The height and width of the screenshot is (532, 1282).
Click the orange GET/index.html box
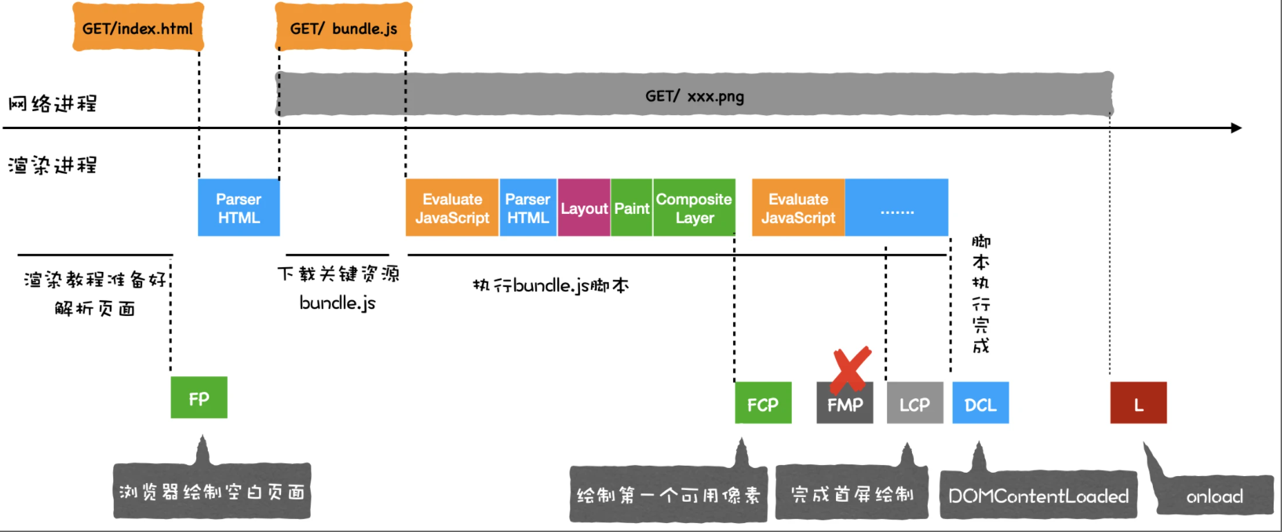(137, 28)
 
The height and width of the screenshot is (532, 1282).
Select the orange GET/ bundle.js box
(343, 28)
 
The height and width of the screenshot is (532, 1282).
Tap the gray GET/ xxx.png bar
(694, 95)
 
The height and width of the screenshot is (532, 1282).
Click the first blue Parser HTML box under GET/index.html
(239, 208)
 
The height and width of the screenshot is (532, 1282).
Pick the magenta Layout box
(584, 208)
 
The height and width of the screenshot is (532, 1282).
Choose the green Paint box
(632, 208)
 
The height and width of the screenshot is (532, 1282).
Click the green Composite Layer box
(694, 208)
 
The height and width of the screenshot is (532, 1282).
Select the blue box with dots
(896, 208)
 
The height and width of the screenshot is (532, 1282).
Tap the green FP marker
(199, 397)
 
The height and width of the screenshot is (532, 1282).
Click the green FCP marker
(763, 403)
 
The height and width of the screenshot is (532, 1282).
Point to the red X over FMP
(850, 369)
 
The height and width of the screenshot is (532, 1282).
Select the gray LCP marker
(915, 403)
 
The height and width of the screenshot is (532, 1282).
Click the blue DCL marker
(980, 403)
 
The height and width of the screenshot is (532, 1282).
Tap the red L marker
(1138, 403)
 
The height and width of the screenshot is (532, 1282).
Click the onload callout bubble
(1214, 495)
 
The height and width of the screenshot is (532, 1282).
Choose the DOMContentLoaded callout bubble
(1038, 495)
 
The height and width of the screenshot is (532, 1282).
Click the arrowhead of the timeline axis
(1236, 128)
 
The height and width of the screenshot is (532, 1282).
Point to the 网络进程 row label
(52, 104)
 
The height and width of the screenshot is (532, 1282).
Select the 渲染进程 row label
(52, 165)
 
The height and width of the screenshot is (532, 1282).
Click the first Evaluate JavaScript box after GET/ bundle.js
(452, 208)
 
